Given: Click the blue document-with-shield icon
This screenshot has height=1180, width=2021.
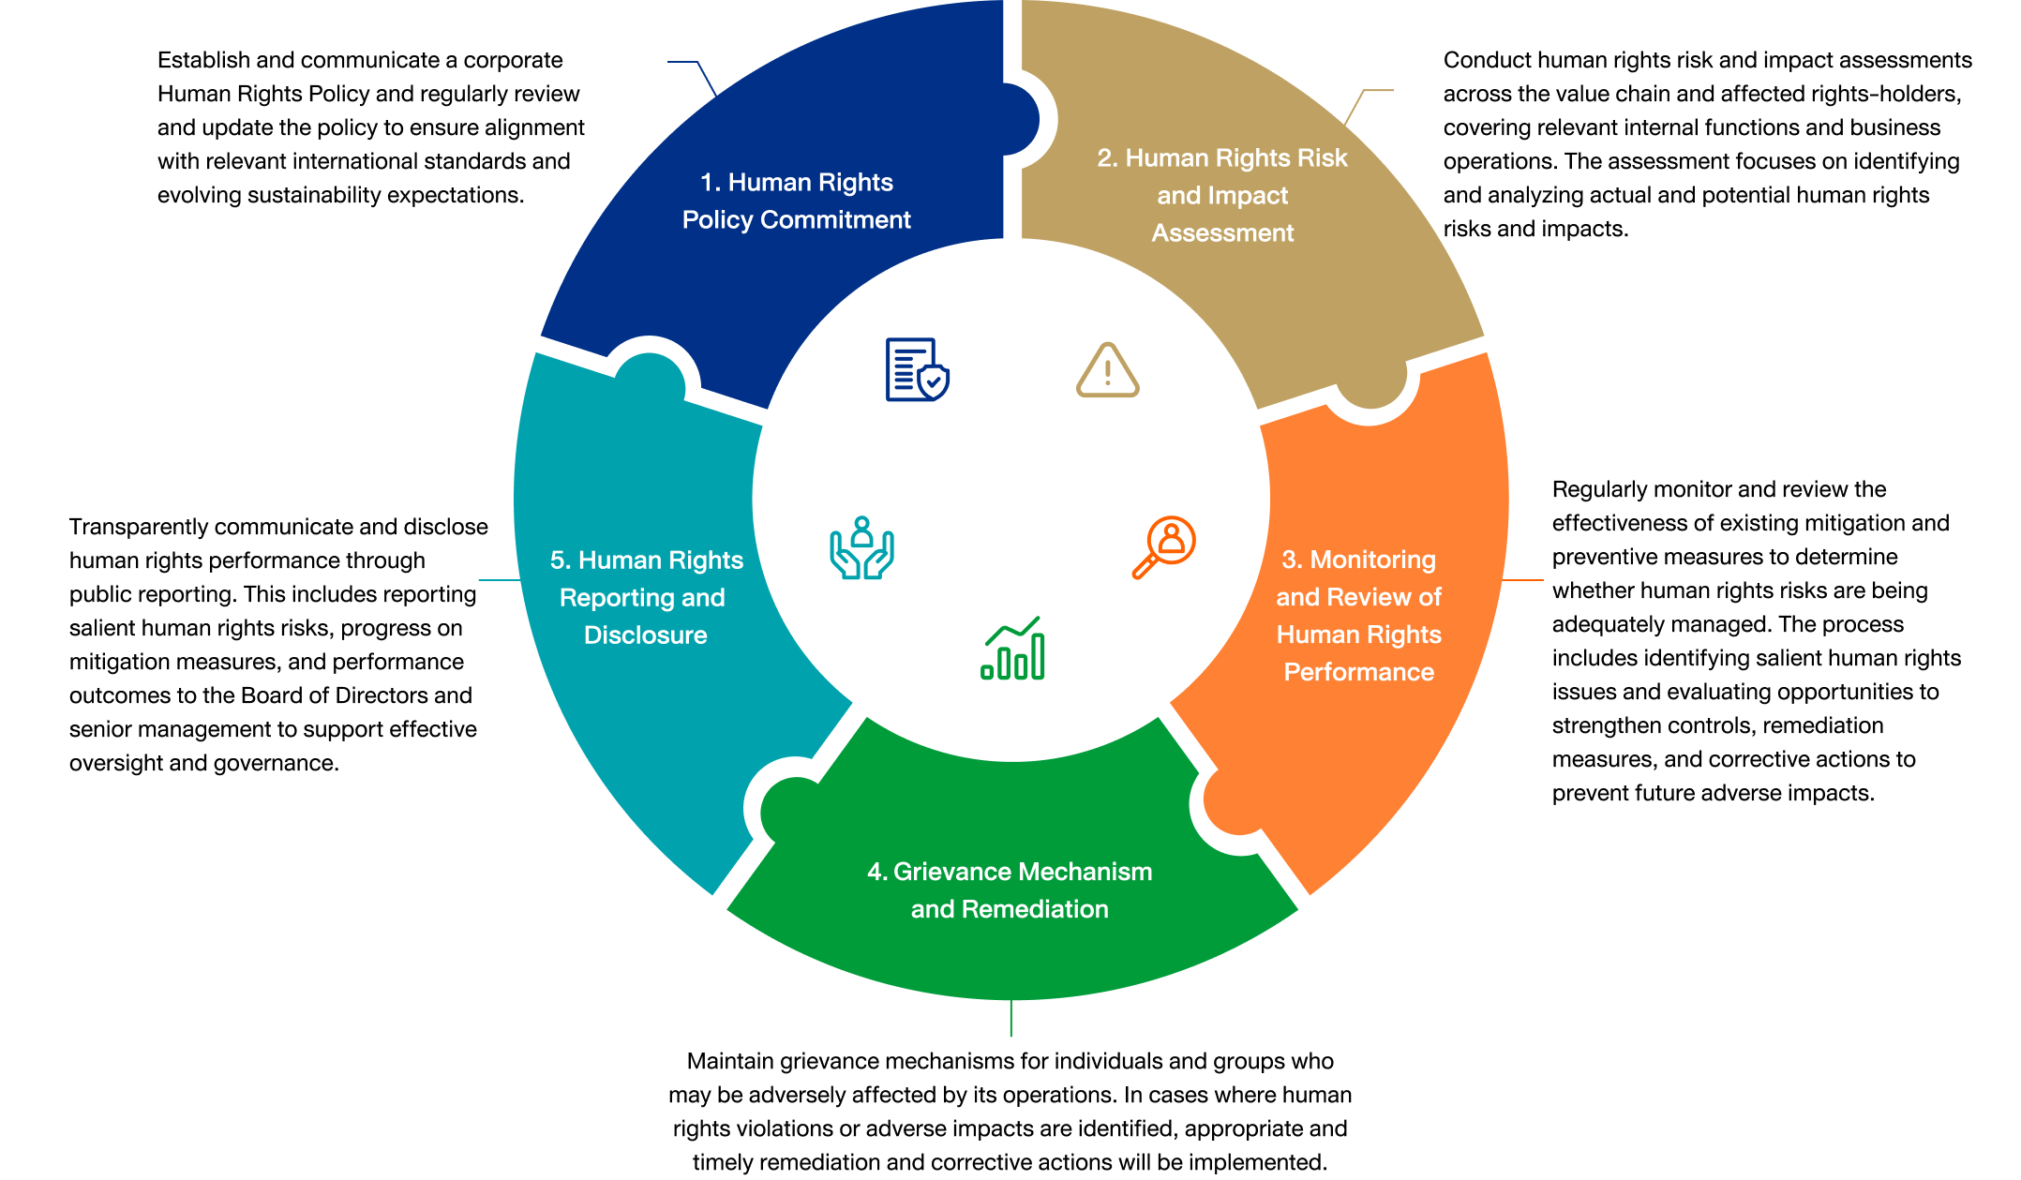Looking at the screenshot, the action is pyautogui.click(x=917, y=369).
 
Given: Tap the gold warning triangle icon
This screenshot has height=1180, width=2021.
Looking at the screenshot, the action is pyautogui.click(x=1107, y=370).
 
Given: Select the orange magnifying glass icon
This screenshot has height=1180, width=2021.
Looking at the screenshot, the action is pyautogui.click(x=1164, y=546).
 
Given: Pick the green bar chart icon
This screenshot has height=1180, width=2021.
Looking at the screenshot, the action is pyautogui.click(x=1012, y=648).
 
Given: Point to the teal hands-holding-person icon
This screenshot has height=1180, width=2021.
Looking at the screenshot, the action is pyautogui.click(x=861, y=547).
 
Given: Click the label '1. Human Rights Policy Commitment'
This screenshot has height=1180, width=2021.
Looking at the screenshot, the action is pyautogui.click(x=797, y=201).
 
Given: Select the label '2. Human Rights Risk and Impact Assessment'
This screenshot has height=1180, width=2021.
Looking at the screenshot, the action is pyautogui.click(x=1222, y=195).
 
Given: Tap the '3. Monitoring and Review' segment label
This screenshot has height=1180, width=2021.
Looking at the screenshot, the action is pyautogui.click(x=1359, y=616).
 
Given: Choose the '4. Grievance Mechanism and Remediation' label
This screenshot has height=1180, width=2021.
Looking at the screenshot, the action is pyautogui.click(x=1010, y=890).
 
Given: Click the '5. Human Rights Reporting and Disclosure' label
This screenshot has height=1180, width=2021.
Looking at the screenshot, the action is pyautogui.click(x=646, y=597).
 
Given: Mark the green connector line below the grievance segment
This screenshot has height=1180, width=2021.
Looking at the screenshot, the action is pyautogui.click(x=1011, y=1018).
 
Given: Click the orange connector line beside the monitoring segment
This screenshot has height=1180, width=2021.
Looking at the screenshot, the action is pyautogui.click(x=1522, y=580).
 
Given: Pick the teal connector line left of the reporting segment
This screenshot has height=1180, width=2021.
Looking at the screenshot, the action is pyautogui.click(x=500, y=580).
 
